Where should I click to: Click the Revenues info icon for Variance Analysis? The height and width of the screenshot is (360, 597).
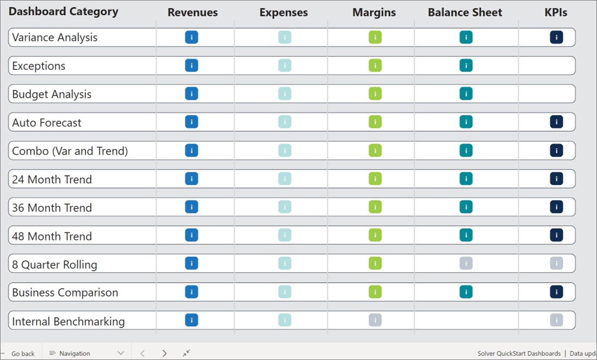[191, 37]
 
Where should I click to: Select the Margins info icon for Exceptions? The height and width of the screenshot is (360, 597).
[375, 65]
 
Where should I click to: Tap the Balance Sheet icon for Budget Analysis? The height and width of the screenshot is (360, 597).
[466, 94]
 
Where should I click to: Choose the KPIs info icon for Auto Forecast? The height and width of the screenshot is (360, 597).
[556, 122]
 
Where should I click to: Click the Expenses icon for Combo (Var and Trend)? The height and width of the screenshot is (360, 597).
[285, 151]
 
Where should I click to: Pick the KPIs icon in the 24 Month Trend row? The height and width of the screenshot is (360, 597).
[556, 178]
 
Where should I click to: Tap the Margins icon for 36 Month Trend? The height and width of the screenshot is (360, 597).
[375, 207]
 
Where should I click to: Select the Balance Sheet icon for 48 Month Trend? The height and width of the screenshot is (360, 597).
[466, 235]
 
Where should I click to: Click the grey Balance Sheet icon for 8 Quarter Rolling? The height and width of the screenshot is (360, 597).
[466, 263]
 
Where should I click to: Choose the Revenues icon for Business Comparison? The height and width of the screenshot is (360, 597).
[191, 292]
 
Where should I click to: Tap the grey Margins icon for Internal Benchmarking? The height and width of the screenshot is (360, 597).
[375, 320]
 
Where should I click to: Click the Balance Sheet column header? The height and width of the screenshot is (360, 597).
[465, 13]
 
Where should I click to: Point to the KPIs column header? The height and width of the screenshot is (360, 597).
[556, 13]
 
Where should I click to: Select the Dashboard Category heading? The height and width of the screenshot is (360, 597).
[63, 11]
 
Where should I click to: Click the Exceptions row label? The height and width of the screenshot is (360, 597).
[39, 66]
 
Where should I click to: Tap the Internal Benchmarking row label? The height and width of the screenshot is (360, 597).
[68, 321]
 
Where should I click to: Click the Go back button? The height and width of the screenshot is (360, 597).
[22, 353]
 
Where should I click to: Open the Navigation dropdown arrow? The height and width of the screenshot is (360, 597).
[121, 353]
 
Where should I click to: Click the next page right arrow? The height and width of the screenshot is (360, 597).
[165, 353]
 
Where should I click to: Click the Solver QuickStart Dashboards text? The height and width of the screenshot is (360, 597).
[518, 353]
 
